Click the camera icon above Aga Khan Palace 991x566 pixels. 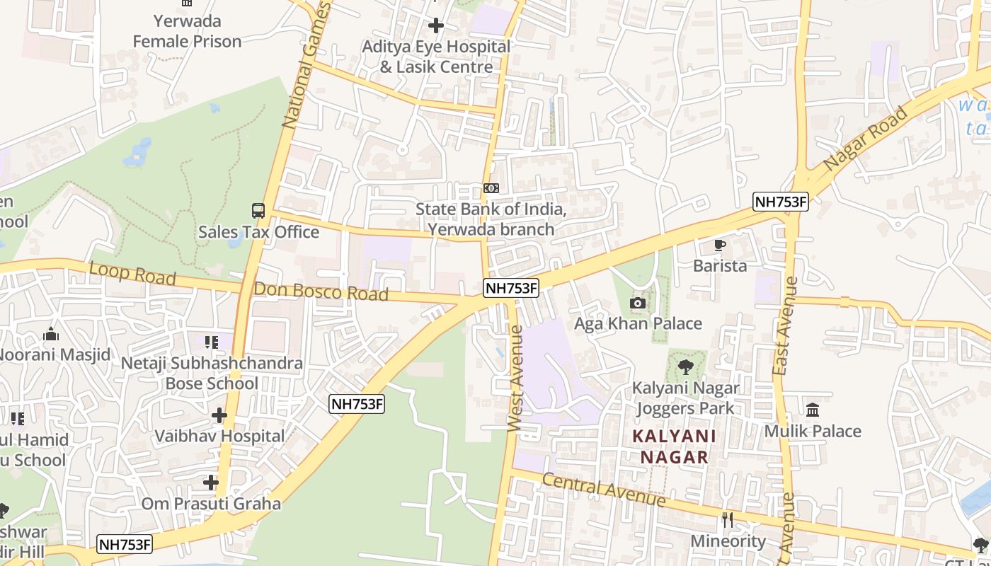637,304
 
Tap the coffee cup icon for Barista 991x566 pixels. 720,246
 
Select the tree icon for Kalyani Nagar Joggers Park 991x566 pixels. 685,367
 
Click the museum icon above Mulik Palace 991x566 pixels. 813,410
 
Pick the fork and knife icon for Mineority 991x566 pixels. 728,520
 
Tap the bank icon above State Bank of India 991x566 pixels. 491,188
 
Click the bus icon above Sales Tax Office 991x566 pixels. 258,211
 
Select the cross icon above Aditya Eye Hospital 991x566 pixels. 436,26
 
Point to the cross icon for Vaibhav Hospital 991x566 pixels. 219,415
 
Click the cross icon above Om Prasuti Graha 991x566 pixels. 211,483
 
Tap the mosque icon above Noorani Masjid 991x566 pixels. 51,334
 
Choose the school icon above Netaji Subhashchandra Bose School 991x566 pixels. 211,342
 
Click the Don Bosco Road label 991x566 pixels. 321,291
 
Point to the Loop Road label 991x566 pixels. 132,274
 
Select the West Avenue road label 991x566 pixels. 515,378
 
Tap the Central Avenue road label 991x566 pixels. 604,490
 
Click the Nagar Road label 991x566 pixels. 866,137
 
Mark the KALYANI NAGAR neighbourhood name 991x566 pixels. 675,446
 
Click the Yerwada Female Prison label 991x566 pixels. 187,31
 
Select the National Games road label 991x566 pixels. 306,65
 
